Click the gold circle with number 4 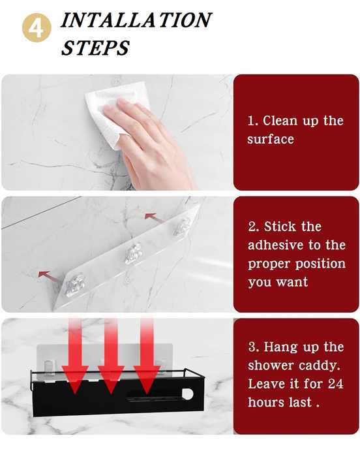point(37,28)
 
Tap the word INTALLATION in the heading point(136,20)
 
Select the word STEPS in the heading point(95,48)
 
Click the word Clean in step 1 point(282,121)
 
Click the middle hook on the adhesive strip point(134,254)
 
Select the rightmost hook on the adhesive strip point(183,227)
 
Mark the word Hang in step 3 point(281,346)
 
